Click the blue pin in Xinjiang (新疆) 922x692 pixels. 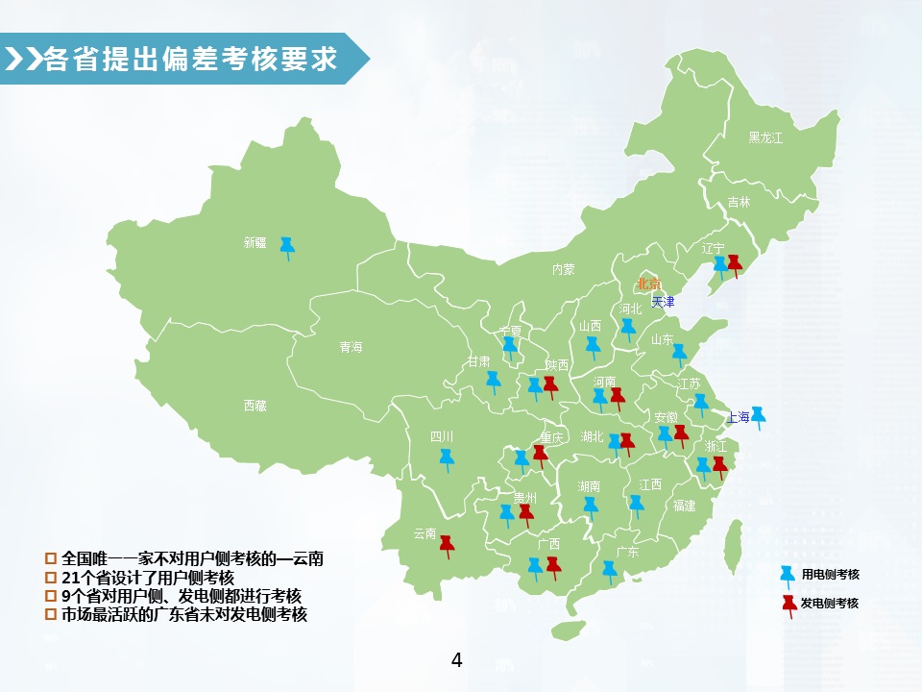[287, 247]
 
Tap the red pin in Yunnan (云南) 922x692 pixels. [447, 545]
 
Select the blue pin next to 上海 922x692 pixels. [758, 415]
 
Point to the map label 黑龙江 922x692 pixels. [765, 137]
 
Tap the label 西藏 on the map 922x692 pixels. [255, 406]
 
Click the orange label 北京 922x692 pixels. [649, 284]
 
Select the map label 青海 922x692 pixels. [351, 347]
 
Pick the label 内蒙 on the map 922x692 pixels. [563, 270]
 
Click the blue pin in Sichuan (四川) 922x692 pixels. [447, 458]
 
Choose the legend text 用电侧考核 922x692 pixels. [830, 575]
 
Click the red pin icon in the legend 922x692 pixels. [788, 605]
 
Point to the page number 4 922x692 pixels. [456, 660]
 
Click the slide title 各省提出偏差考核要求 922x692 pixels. [191, 59]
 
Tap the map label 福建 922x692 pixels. [684, 505]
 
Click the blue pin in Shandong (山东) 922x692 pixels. [680, 354]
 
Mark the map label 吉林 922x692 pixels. [739, 202]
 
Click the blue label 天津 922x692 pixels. [663, 301]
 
